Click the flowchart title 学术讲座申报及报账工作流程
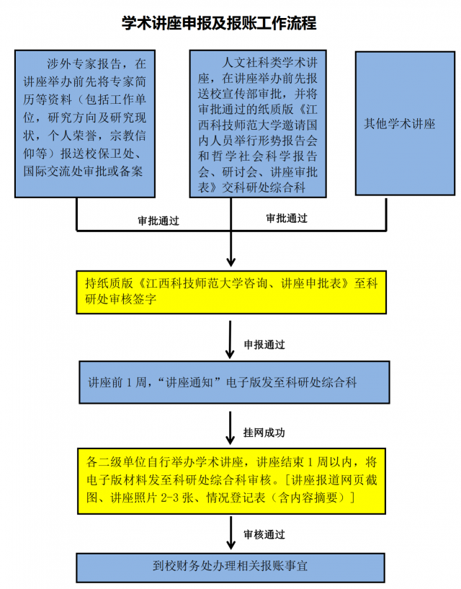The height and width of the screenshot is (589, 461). [x=219, y=23]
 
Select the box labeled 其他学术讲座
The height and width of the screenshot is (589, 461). [x=405, y=123]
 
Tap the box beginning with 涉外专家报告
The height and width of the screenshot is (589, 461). [x=85, y=123]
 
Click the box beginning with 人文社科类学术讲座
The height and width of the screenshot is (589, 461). [x=258, y=123]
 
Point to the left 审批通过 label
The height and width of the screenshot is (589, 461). [x=158, y=221]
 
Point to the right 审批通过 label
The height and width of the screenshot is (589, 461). [x=287, y=218]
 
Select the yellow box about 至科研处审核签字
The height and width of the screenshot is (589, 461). [x=231, y=292]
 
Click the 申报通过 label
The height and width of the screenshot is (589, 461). [x=264, y=345]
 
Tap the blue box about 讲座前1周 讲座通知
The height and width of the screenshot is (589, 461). [x=234, y=382]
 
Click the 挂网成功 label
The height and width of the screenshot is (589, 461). [x=264, y=433]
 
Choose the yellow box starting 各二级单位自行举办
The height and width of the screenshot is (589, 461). [x=232, y=481]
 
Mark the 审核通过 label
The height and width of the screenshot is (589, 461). [x=264, y=534]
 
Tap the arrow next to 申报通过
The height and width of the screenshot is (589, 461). [x=230, y=340]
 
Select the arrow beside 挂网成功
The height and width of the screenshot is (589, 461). [x=230, y=428]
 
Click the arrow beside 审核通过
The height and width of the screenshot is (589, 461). [x=231, y=533]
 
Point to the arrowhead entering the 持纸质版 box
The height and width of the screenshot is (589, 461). [x=231, y=262]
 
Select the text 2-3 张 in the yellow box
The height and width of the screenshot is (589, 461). [x=182, y=497]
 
